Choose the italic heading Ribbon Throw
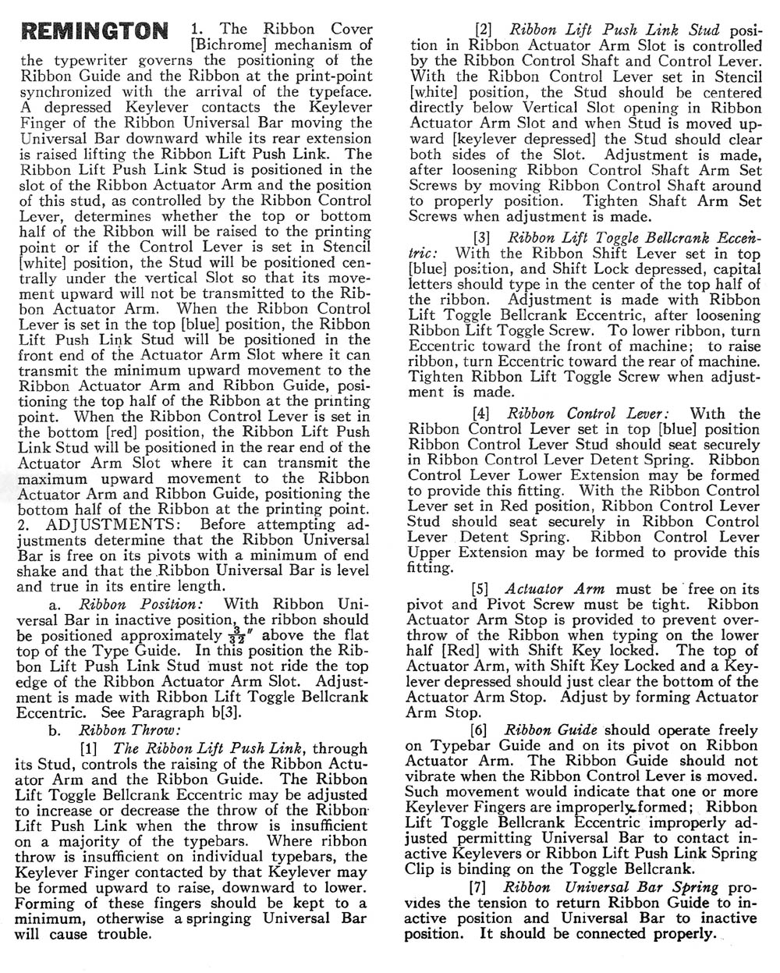129,730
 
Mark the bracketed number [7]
483,887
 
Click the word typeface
338,75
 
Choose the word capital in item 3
732,268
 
